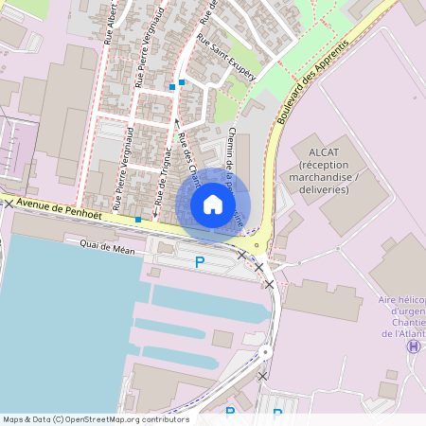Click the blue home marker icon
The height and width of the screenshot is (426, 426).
coord(213,204)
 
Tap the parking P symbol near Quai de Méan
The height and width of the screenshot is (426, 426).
coord(200,262)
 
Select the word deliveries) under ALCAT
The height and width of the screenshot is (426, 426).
coord(322,190)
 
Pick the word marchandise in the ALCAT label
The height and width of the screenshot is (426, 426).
coord(323,177)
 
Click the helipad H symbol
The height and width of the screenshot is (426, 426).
coord(413,346)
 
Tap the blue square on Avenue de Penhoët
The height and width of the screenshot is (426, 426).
coord(138,220)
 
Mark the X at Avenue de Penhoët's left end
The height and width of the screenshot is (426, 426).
coord(9,204)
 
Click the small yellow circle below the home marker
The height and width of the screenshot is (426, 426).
coord(256,243)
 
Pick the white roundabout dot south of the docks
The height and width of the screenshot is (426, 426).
coord(266,352)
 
